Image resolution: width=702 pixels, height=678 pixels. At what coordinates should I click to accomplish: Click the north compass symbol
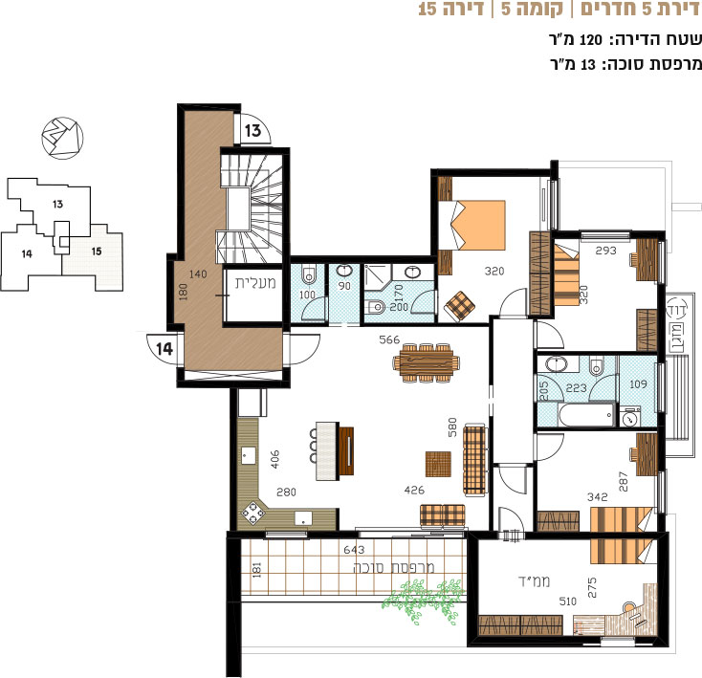pyautogui.click(x=63, y=138)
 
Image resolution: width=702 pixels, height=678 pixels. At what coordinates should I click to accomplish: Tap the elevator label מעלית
pyautogui.click(x=254, y=284)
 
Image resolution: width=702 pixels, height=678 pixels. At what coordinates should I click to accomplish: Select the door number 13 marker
pyautogui.click(x=252, y=131)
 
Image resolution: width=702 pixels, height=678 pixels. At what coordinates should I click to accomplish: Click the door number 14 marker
pyautogui.click(x=165, y=349)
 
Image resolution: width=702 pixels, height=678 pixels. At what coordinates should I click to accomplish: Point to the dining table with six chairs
pyautogui.click(x=427, y=362)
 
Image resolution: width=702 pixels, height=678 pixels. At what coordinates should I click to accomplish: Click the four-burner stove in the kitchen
pyautogui.click(x=252, y=514)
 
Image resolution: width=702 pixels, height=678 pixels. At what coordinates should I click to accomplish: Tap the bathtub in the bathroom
pyautogui.click(x=586, y=414)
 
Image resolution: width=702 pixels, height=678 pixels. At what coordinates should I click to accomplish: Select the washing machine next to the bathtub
pyautogui.click(x=630, y=417)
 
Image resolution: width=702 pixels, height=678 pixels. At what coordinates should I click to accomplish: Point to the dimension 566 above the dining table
pyautogui.click(x=389, y=339)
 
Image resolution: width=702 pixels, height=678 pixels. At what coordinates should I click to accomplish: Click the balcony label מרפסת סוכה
pyautogui.click(x=394, y=567)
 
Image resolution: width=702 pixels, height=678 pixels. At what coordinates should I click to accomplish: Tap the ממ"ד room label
pyautogui.click(x=534, y=581)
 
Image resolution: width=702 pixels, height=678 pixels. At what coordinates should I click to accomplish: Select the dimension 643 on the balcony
pyautogui.click(x=354, y=549)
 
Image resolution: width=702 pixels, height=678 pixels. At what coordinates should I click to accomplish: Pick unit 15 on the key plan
pyautogui.click(x=97, y=252)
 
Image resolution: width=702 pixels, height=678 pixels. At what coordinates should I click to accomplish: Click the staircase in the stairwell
pyautogui.click(x=252, y=208)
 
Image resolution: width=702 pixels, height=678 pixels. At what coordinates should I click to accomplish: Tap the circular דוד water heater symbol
pyautogui.click(x=677, y=310)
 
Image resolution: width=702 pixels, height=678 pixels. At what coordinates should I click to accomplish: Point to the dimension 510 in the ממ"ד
pyautogui.click(x=568, y=601)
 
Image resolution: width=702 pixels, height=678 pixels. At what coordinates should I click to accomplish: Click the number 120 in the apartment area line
pyautogui.click(x=591, y=40)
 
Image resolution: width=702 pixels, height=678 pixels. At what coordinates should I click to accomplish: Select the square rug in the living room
pyautogui.click(x=438, y=465)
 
